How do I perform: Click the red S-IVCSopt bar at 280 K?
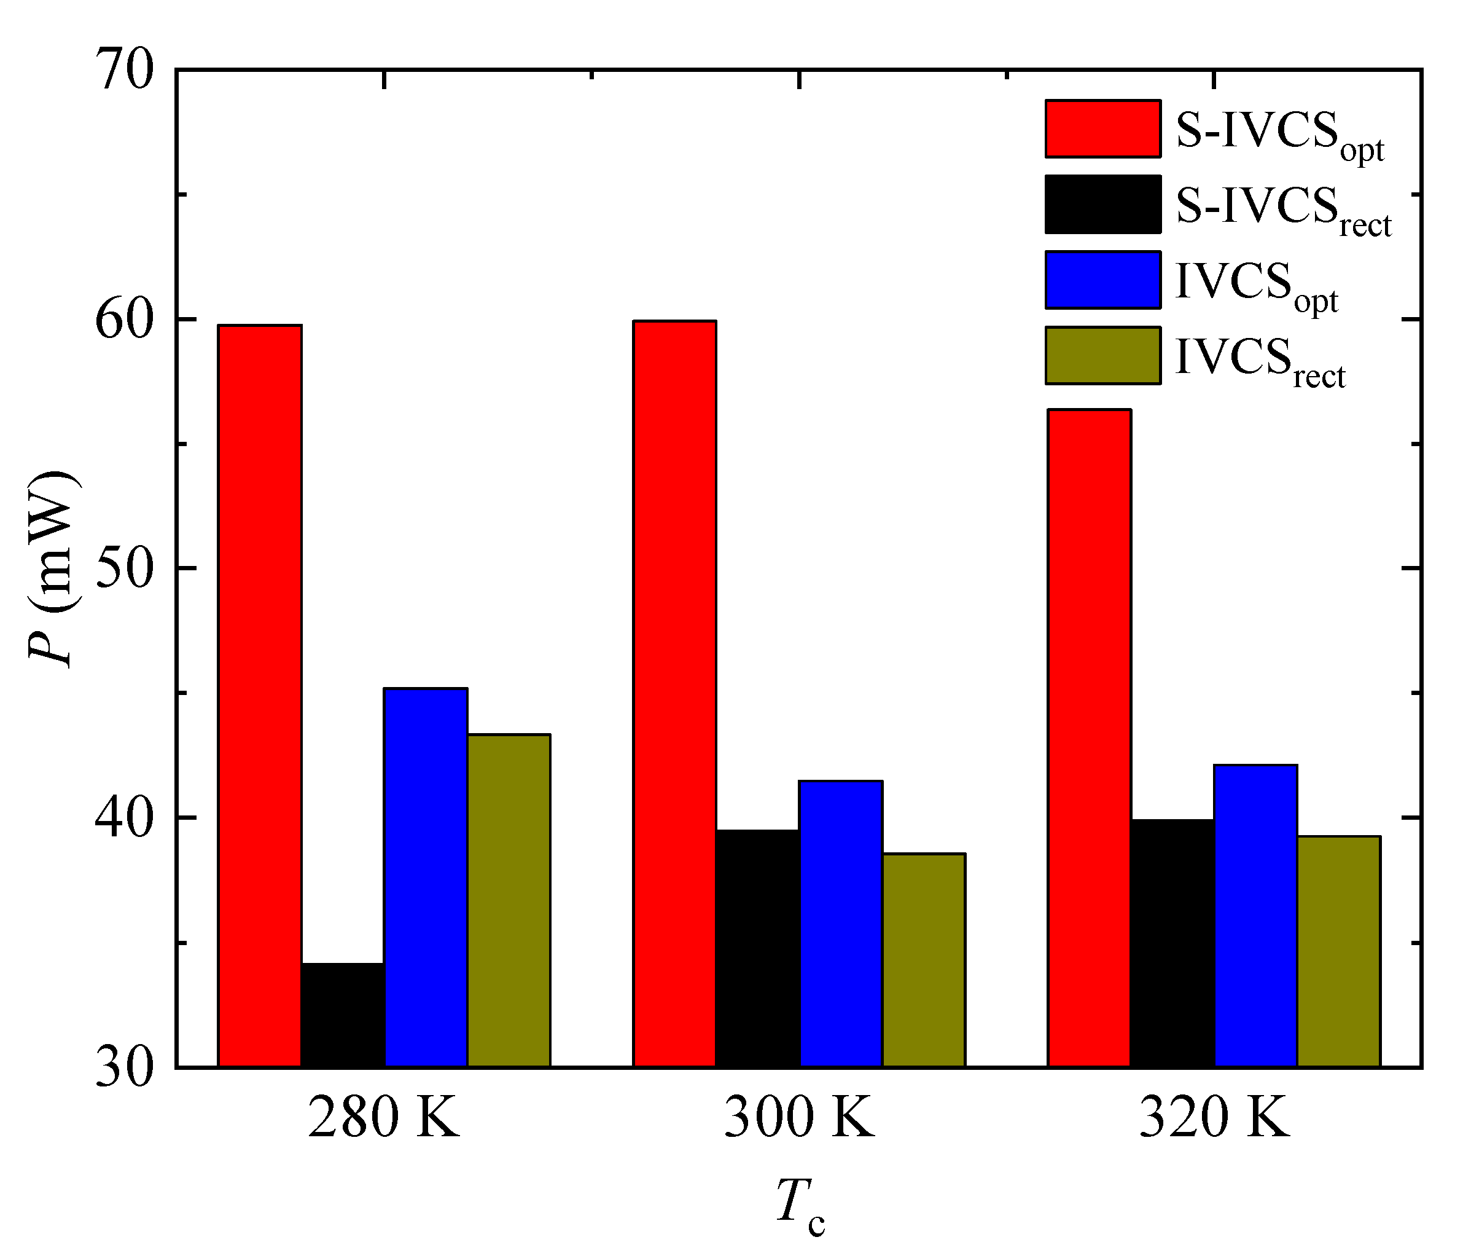coord(260,695)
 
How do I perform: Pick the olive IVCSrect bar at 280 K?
coord(509,900)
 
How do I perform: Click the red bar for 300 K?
coord(674,693)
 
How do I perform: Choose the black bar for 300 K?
coord(757,948)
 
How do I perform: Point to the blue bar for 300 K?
coord(841,923)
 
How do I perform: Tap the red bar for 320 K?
coord(1089,737)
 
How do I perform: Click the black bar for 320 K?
coord(1172,942)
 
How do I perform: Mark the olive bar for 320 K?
coord(1338,951)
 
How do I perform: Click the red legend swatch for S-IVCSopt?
coord(1102,128)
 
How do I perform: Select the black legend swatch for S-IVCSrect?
coord(1102,204)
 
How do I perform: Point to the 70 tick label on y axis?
coord(124,71)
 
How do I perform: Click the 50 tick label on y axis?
coord(124,569)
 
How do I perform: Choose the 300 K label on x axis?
coord(798,1117)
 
